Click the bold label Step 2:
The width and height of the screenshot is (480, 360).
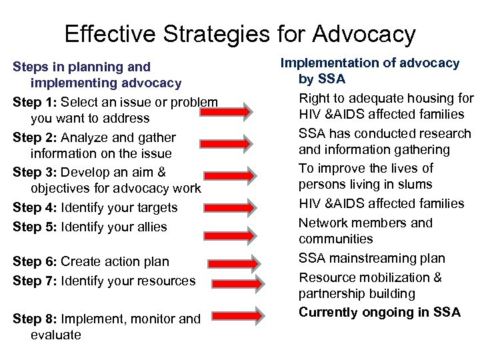(35, 137)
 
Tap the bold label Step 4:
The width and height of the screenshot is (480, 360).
(35, 207)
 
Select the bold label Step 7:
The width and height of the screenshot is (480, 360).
(35, 281)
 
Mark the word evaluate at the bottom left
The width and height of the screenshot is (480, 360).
(56, 335)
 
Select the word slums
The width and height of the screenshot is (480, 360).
(415, 184)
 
